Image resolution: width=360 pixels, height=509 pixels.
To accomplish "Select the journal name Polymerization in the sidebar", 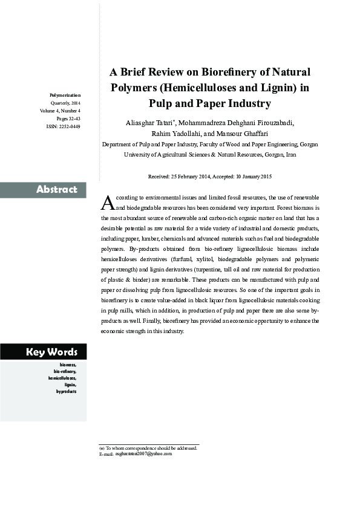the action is (65, 95).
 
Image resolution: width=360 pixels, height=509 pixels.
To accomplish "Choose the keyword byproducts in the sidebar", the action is (67, 391).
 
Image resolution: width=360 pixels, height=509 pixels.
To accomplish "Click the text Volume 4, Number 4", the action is (61, 111).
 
